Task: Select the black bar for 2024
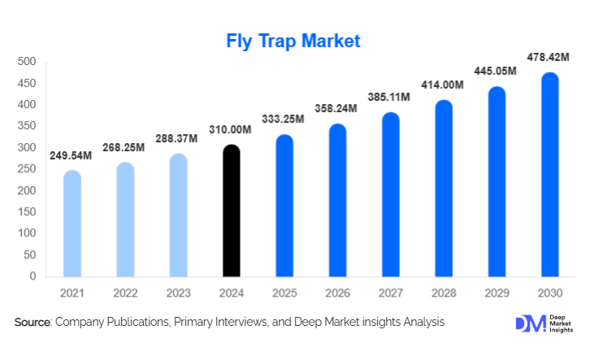pos(231,210)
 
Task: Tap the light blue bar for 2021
pos(72,223)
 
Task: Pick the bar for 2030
pos(549,175)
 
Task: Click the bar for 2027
pos(390,195)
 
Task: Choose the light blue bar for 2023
pos(178,215)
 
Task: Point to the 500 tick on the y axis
pos(27,62)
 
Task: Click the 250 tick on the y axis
pos(27,169)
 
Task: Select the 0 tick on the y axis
pos(33,276)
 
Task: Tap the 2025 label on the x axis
pos(284,292)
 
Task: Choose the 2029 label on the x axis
pos(496,292)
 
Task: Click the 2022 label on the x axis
pos(126,292)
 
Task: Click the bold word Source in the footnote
pos(33,323)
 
